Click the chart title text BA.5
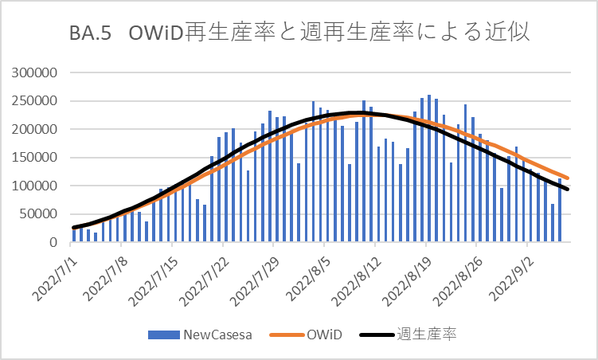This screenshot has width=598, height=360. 88,36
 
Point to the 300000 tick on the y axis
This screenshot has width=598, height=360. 36,72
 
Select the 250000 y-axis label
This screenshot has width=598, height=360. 36,101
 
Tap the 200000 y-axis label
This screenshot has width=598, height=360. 36,129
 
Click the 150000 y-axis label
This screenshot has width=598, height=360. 36,158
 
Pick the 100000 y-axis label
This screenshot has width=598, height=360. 36,186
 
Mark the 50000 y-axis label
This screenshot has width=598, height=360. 39,214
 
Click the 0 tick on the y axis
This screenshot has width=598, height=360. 54,242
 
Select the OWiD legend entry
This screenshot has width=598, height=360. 324,335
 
